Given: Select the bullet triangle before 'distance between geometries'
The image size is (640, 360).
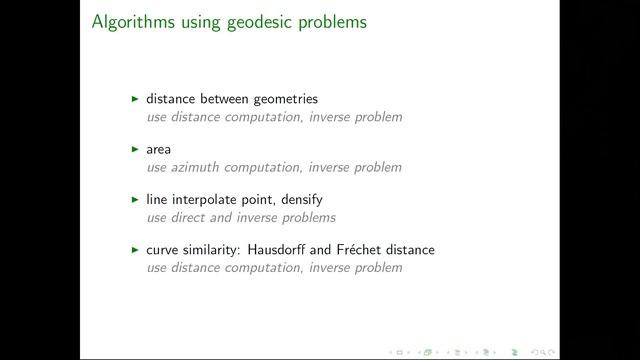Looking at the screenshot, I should click(135, 99).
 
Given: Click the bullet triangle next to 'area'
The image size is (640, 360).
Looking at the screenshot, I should click(135, 149).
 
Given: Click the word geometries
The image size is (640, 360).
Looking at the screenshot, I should click(283, 99).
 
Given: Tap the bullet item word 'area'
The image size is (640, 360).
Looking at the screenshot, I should click(158, 150).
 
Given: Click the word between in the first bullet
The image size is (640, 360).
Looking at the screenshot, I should click(220, 99).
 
